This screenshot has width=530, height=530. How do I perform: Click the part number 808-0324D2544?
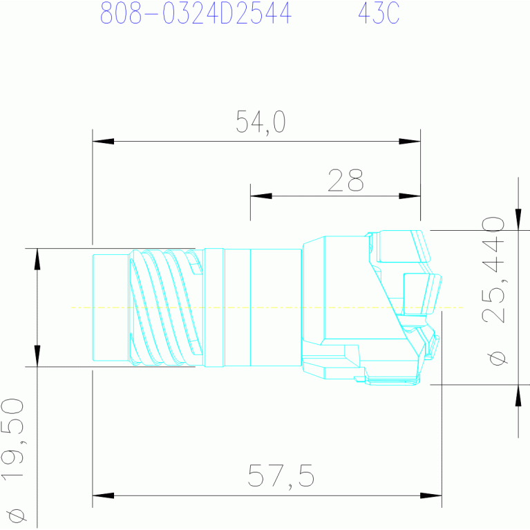[196, 13]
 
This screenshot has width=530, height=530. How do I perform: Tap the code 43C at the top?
[379, 13]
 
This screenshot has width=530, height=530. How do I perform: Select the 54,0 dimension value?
[261, 122]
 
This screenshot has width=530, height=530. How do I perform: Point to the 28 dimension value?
[346, 180]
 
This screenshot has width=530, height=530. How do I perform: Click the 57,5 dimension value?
[281, 476]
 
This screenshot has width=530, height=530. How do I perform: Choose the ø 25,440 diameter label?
[493, 291]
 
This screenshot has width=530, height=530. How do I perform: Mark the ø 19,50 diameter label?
[13, 460]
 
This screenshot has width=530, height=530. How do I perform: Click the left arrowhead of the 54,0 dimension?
[103, 141]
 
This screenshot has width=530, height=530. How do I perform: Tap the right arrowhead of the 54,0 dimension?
[410, 141]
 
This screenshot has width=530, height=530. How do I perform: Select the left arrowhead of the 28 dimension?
[261, 196]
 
